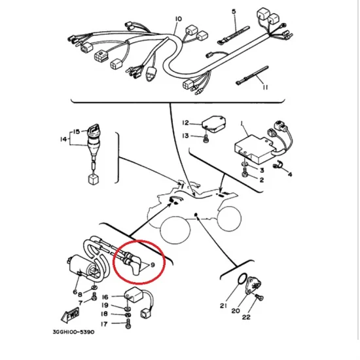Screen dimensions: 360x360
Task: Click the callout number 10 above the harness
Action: (179, 18)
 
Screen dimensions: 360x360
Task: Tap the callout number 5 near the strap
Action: (234, 12)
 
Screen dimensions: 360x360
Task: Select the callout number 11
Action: (265, 87)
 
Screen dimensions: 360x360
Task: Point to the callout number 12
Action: (185, 123)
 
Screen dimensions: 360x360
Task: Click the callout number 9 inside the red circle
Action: (153, 265)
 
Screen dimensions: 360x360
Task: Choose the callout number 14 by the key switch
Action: (63, 139)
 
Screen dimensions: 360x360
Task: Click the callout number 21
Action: (223, 306)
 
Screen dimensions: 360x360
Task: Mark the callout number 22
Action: (246, 317)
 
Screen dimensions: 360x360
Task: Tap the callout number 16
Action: (105, 297)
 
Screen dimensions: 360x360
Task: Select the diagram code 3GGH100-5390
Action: (73, 332)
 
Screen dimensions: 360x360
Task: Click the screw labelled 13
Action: (206, 139)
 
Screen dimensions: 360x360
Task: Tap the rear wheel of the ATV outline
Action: (229, 219)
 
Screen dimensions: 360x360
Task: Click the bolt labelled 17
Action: (128, 324)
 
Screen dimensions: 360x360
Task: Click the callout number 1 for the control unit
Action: (242, 124)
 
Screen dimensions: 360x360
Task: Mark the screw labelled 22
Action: (260, 298)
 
